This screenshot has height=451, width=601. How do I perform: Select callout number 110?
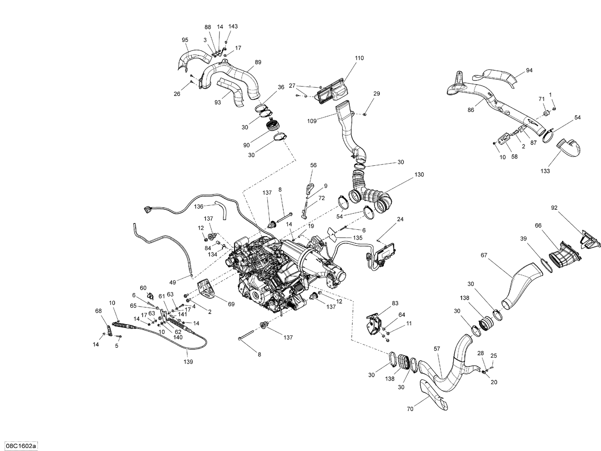(x=359, y=58)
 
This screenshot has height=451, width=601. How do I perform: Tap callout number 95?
(x=185, y=40)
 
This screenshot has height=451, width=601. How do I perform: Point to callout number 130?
(x=419, y=175)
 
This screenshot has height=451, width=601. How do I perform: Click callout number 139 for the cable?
(x=188, y=362)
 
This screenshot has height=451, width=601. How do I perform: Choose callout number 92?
(x=554, y=208)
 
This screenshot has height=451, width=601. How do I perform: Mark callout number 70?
(x=410, y=409)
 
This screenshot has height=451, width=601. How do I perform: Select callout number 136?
(x=199, y=206)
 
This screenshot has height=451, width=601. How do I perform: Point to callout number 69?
(x=231, y=304)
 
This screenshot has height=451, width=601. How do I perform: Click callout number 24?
(x=400, y=219)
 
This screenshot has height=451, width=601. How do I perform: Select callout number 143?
(x=233, y=26)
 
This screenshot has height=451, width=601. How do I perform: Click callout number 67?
(x=484, y=255)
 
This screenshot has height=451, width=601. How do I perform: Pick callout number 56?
(x=313, y=165)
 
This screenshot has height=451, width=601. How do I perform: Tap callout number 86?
(x=471, y=110)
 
